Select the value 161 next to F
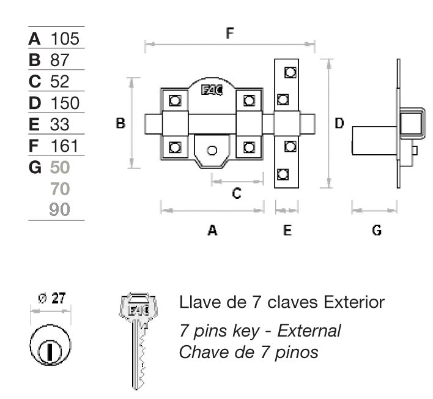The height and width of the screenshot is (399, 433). click(65, 146)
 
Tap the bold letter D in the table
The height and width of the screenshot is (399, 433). click(34, 103)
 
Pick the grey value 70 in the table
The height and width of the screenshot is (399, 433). click(61, 188)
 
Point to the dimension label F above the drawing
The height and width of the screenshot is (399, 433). click(230, 33)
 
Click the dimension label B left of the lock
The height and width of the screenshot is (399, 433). click(120, 124)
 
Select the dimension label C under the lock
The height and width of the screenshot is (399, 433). click(237, 193)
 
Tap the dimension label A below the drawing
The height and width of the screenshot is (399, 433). click(212, 230)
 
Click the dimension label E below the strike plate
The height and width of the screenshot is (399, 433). click(287, 230)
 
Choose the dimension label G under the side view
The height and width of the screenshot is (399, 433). click(377, 230)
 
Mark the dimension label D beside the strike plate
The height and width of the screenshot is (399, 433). click(339, 124)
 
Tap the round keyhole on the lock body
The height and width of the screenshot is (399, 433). click(212, 151)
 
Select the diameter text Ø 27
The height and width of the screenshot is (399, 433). click(51, 299)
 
